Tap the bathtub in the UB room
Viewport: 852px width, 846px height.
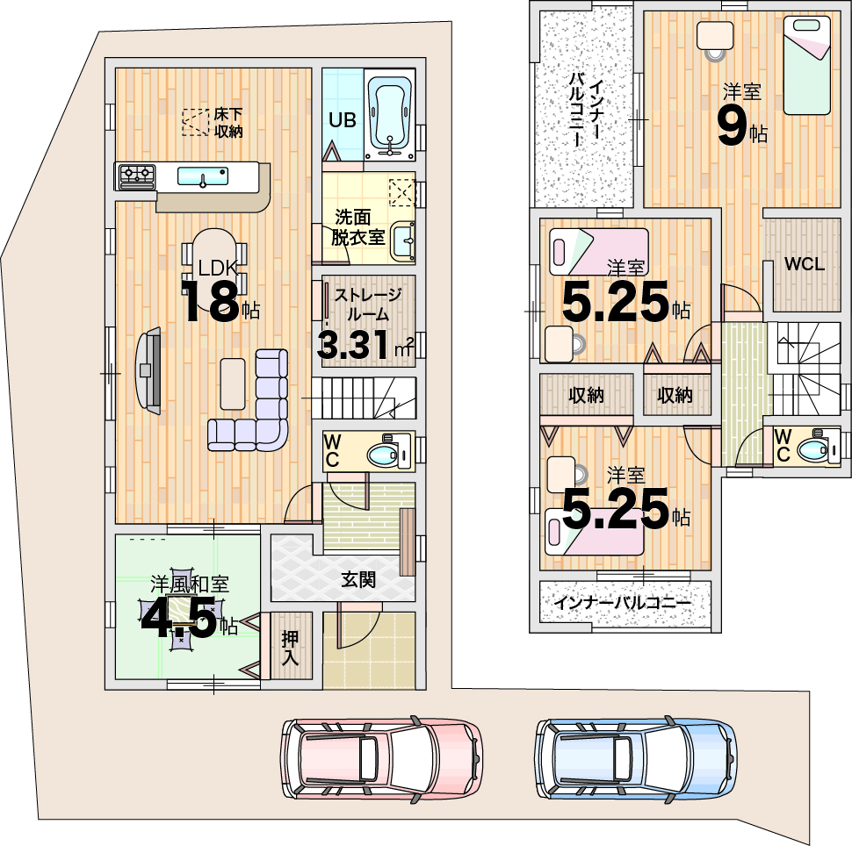[x=390, y=116]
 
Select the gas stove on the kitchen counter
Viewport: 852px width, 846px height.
[x=136, y=176]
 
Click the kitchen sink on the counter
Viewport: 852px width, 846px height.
[x=203, y=176]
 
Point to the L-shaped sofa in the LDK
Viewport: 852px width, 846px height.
[x=249, y=401]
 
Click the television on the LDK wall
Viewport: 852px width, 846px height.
[x=148, y=370]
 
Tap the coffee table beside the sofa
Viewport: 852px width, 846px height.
[x=233, y=384]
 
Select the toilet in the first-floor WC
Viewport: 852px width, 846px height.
[x=390, y=451]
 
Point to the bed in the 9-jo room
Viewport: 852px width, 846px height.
[x=807, y=65]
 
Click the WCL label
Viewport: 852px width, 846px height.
[x=805, y=264]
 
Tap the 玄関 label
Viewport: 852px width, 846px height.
[x=358, y=579]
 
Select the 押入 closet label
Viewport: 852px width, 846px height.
[x=290, y=648]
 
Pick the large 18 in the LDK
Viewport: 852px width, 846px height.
[x=210, y=302]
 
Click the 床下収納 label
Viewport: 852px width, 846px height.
[x=228, y=123]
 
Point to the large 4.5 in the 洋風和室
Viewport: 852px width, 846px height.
[x=179, y=620]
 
